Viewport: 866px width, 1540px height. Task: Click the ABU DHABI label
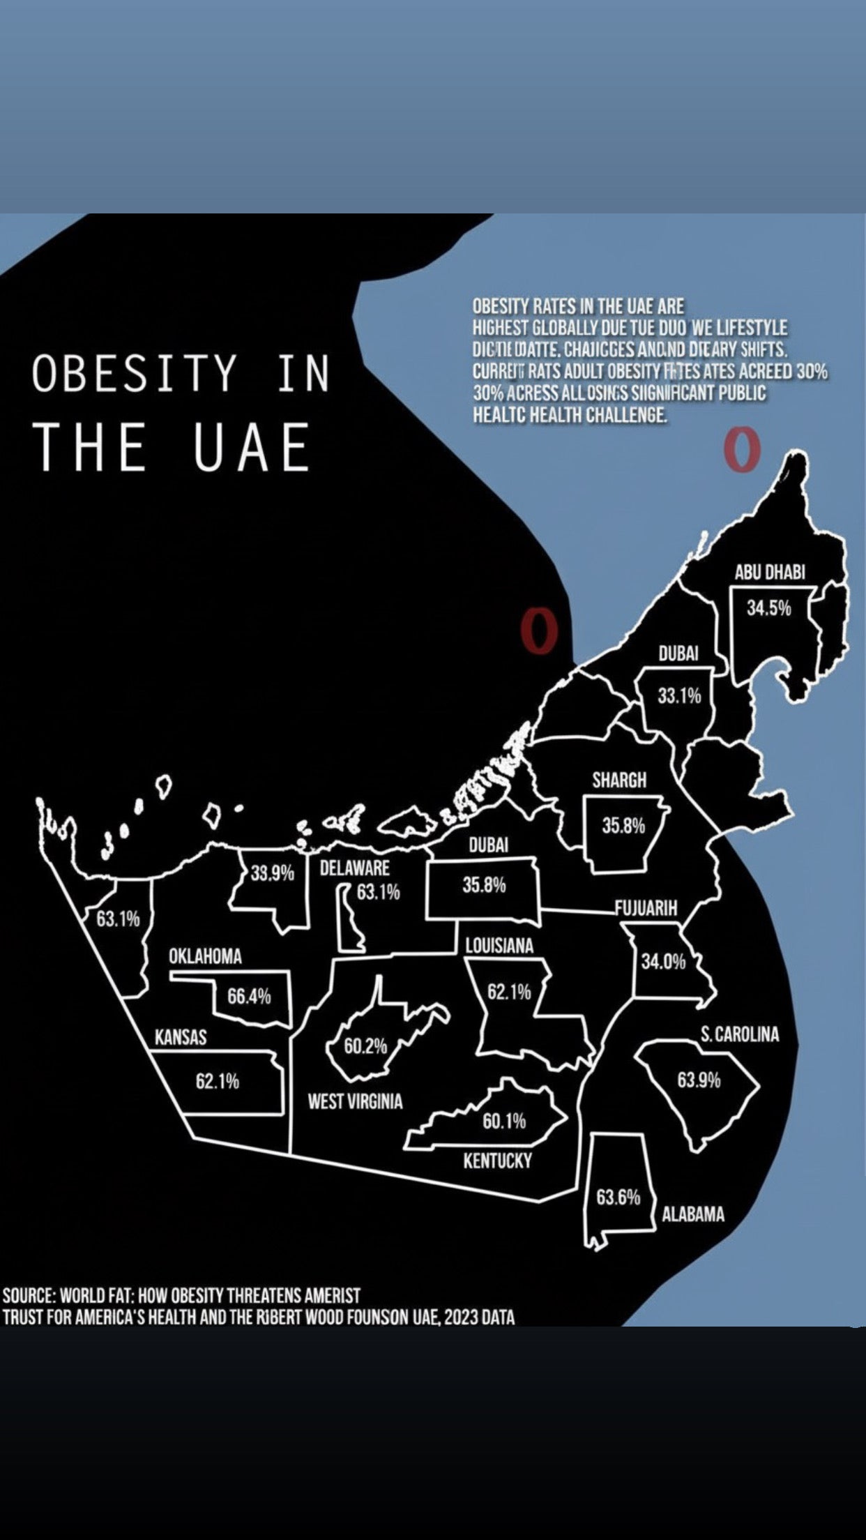[769, 573]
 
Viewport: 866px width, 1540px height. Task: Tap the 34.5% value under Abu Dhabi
[769, 608]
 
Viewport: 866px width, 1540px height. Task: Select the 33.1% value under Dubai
[679, 696]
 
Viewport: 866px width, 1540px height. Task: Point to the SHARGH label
[619, 780]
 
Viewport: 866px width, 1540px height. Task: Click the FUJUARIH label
[646, 908]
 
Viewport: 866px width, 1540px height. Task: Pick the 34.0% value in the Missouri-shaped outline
[663, 962]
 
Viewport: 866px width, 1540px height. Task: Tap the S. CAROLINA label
[740, 1034]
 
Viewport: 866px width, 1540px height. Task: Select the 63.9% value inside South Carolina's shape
[699, 1080]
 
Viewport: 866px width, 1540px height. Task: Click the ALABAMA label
[693, 1214]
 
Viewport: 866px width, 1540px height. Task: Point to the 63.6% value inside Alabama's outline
[618, 1198]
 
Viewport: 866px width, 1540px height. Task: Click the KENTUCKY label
[497, 1161]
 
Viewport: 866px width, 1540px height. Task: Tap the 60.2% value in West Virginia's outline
[365, 1046]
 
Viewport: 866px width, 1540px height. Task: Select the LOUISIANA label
[499, 946]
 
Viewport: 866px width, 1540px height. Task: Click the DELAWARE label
[354, 868]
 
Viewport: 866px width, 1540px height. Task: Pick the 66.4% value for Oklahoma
[249, 997]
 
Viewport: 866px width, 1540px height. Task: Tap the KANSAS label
[181, 1037]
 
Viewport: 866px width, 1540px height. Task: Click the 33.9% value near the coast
[272, 873]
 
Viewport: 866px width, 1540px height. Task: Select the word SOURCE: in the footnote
[29, 1296]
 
